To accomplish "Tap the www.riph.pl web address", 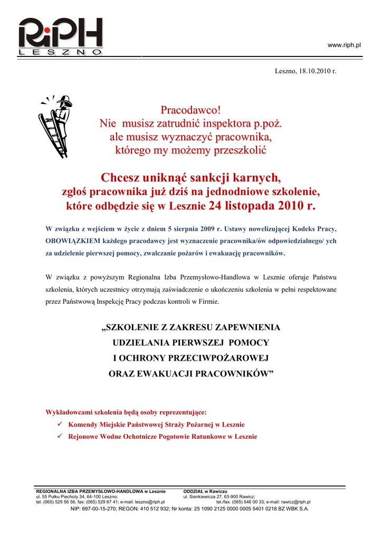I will tap(344, 45).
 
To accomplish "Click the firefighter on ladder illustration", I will tap(56, 126).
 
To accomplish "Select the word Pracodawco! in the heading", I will tap(190, 111).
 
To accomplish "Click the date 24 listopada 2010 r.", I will tap(262, 205).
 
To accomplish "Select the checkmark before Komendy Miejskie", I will tap(60, 424).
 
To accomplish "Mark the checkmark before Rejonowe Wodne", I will tap(60, 437).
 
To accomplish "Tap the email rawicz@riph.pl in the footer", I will tap(295, 502).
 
